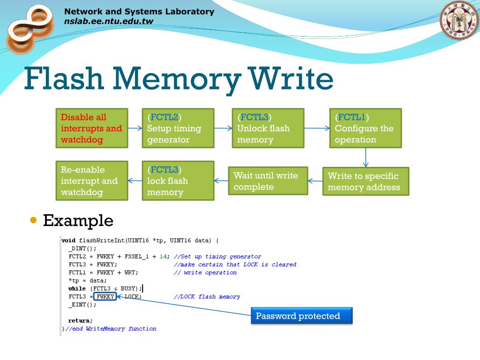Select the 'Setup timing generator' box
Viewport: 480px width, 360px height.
[x=178, y=128]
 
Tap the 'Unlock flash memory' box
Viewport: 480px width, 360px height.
[x=268, y=128]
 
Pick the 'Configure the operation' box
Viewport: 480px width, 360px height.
[x=365, y=128]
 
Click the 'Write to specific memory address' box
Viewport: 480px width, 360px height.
[x=366, y=181]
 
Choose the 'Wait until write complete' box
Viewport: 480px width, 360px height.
[x=268, y=181]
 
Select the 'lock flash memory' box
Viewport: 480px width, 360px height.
[x=178, y=181]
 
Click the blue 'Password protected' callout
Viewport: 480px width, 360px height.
[x=301, y=316]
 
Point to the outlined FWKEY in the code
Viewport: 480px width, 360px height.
[x=105, y=297]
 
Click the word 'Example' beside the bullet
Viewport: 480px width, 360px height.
[x=78, y=220]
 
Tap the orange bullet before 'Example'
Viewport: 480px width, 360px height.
[x=33, y=220]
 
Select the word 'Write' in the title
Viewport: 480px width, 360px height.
[x=292, y=79]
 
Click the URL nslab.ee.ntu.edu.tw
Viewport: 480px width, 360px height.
[x=108, y=21]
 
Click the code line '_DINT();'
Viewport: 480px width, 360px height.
[x=82, y=248]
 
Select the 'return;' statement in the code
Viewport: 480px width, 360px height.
[x=81, y=321]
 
